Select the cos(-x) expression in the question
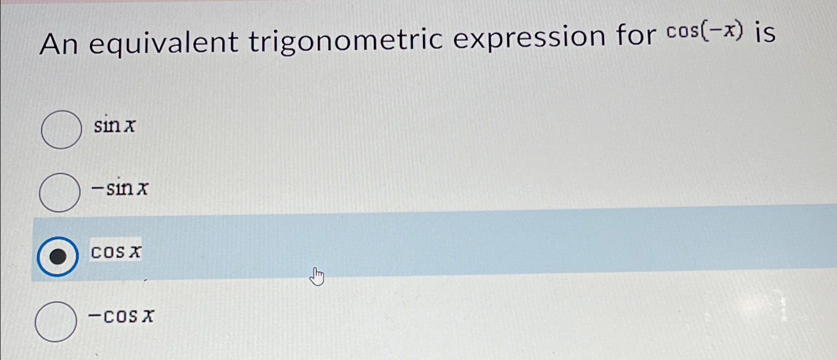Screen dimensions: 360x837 [x=706, y=32]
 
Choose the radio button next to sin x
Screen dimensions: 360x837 [x=61, y=130]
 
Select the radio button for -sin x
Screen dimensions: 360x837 [x=59, y=192]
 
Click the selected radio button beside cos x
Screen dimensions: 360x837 [x=58, y=257]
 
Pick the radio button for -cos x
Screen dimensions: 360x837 [x=56, y=322]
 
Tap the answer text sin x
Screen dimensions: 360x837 [x=115, y=126]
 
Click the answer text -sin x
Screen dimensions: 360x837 [x=120, y=188]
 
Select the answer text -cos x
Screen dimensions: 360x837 [x=121, y=316]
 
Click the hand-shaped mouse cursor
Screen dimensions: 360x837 [x=316, y=276]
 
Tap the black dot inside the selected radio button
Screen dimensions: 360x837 [x=58, y=257]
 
